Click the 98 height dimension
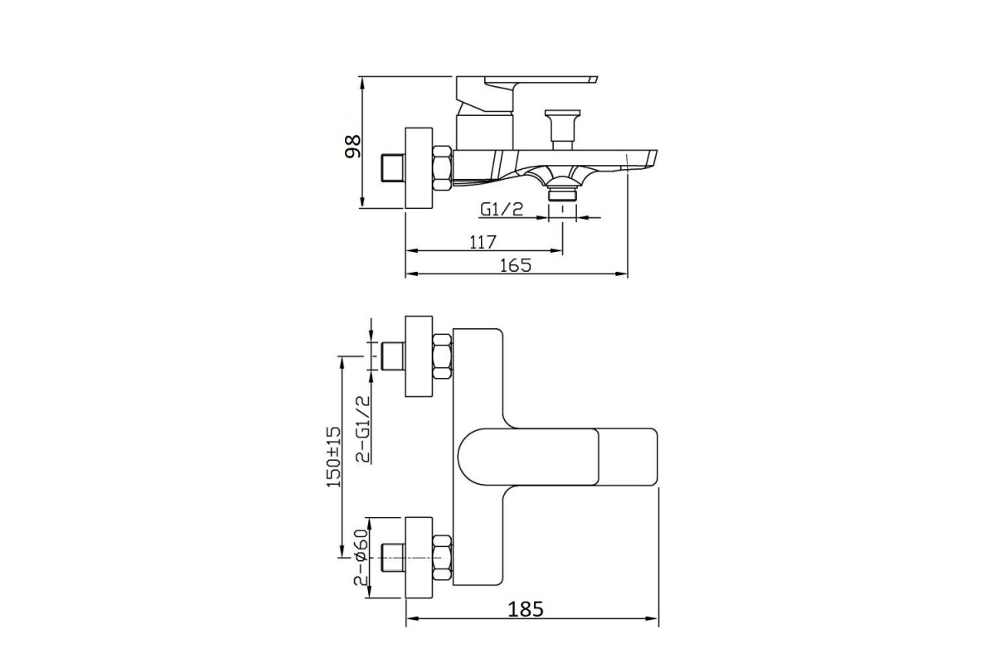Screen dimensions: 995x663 353,147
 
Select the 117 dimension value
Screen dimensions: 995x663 483,242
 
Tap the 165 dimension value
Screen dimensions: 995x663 516,265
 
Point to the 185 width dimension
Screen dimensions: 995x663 526,609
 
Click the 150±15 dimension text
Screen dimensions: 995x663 334,457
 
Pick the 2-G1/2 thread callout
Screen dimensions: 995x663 363,429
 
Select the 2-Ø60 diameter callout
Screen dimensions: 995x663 361,557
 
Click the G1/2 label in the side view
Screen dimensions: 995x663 502,209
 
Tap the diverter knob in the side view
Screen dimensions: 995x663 562,129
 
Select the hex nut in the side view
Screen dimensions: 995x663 443,169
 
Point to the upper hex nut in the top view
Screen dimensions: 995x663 443,356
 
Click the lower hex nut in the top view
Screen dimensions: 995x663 443,558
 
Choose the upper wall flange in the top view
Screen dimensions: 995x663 419,356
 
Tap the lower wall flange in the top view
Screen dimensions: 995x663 419,557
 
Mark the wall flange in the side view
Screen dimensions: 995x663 419,168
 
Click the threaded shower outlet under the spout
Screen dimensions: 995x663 562,194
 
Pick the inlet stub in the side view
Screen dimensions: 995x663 394,168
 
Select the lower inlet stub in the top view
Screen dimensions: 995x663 394,557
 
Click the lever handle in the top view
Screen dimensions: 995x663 557,457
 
